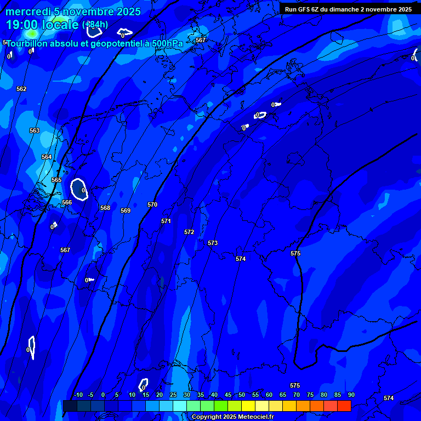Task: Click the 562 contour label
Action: point(21,89)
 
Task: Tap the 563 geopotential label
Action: point(35,130)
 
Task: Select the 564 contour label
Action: point(47,157)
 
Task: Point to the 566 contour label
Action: point(67,202)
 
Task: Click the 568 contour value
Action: point(105,208)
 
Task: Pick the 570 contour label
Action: point(152,204)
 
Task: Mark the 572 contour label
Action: point(189,232)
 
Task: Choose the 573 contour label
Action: point(213,243)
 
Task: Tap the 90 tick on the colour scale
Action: point(351,395)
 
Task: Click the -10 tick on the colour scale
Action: point(78,395)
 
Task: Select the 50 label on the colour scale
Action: point(242,395)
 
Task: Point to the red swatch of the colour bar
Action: point(344,406)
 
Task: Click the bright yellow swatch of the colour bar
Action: point(248,406)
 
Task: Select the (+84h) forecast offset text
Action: point(95,25)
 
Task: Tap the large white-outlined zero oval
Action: point(79,189)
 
